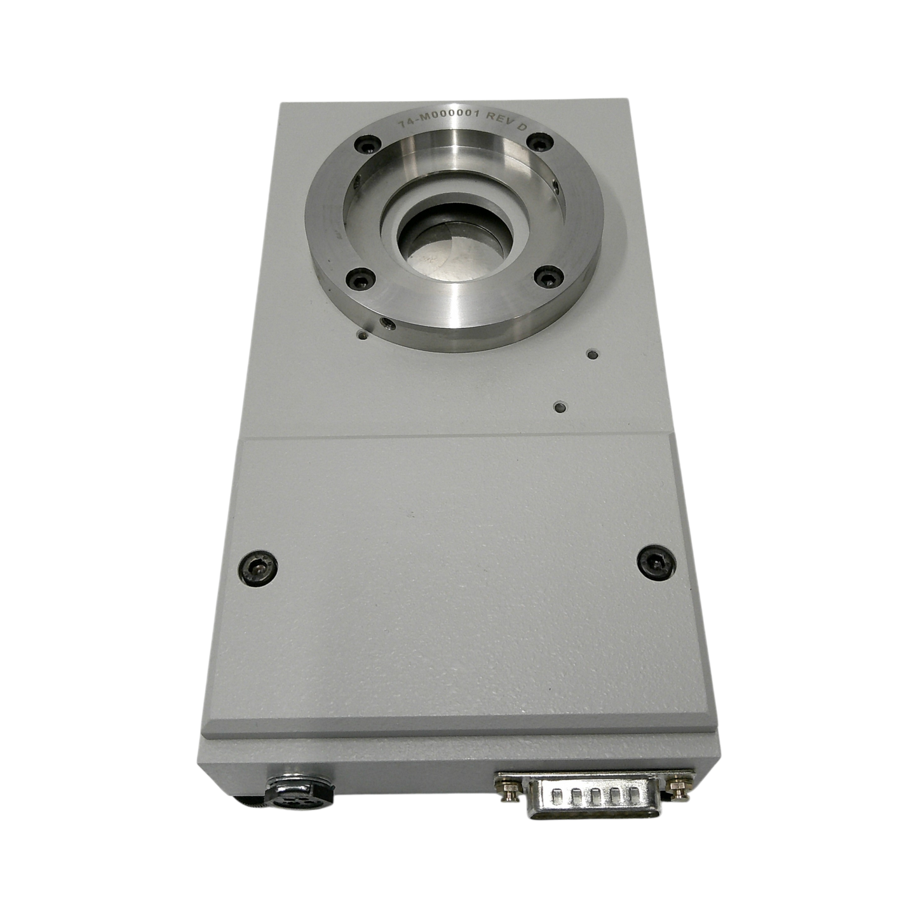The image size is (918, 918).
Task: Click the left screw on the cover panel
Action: coord(259,569)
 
